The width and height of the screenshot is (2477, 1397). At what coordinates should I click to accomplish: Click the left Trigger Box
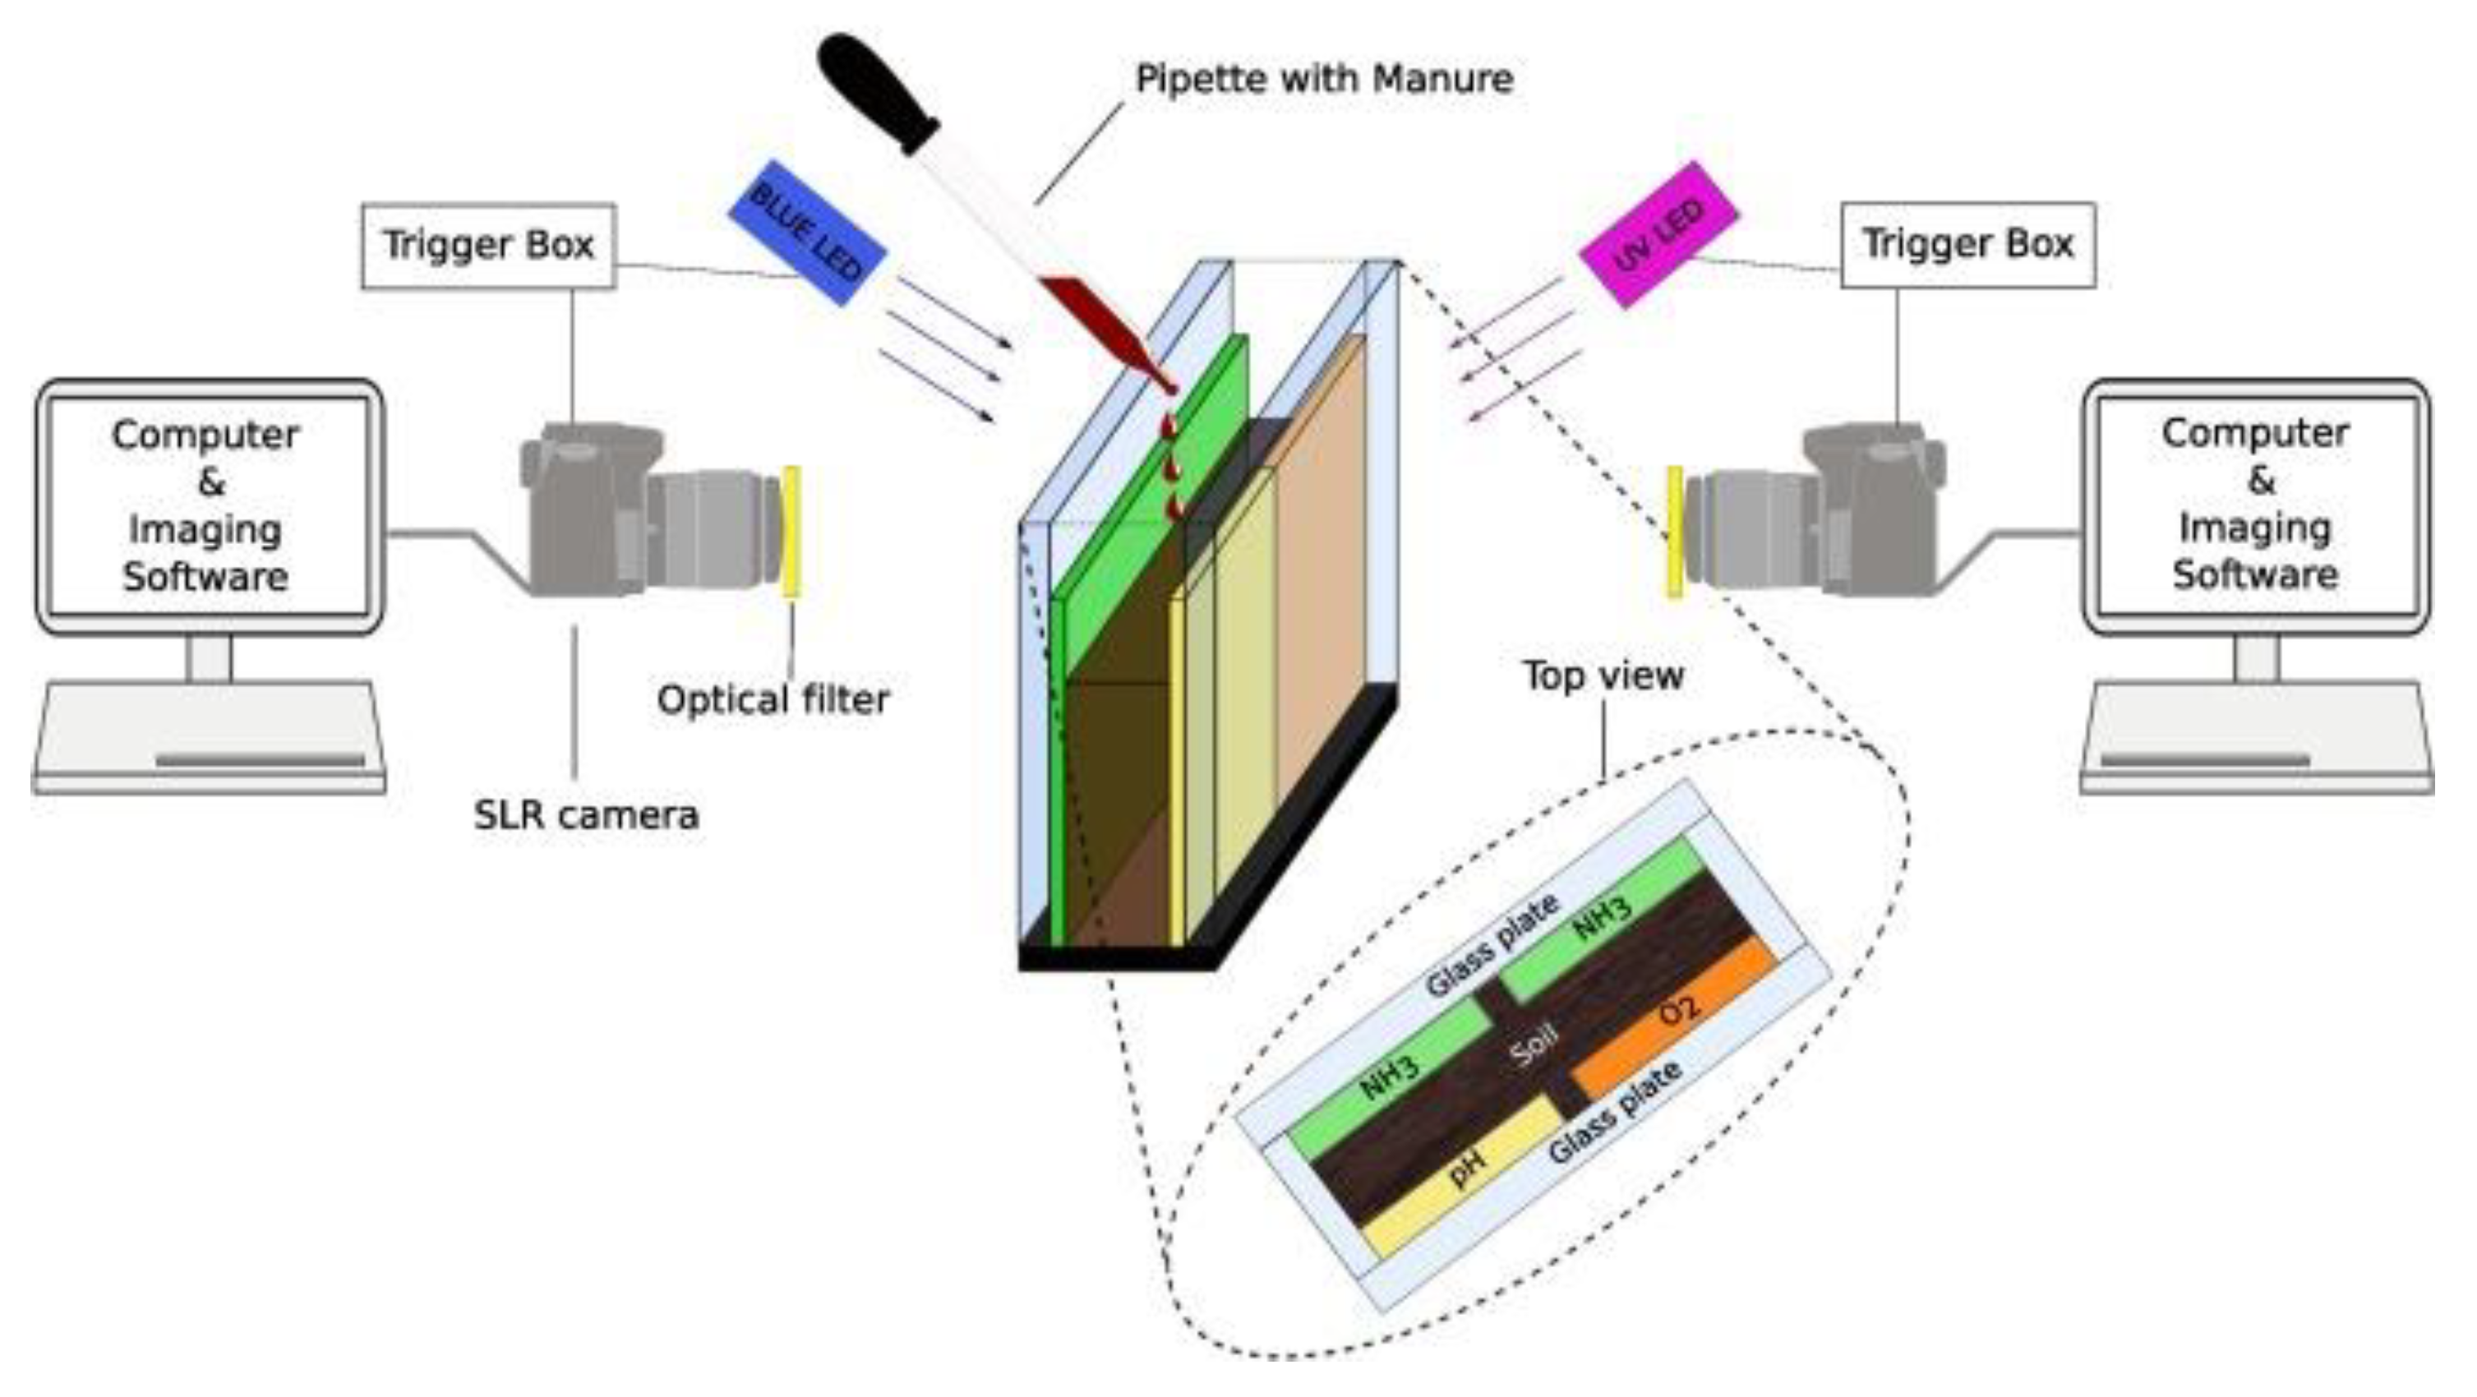pyautogui.click(x=488, y=245)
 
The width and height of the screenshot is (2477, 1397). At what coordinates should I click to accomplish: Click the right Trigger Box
pyautogui.click(x=1967, y=244)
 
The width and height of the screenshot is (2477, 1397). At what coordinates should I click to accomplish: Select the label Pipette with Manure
pyautogui.click(x=1324, y=78)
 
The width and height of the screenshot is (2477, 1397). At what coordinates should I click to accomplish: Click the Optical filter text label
pyautogui.click(x=773, y=700)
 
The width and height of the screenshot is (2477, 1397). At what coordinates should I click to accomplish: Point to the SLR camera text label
pyautogui.click(x=586, y=815)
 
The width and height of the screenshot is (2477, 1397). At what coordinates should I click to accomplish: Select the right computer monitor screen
pyautogui.click(x=2255, y=505)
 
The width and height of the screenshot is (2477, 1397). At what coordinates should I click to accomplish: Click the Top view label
pyautogui.click(x=1603, y=676)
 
